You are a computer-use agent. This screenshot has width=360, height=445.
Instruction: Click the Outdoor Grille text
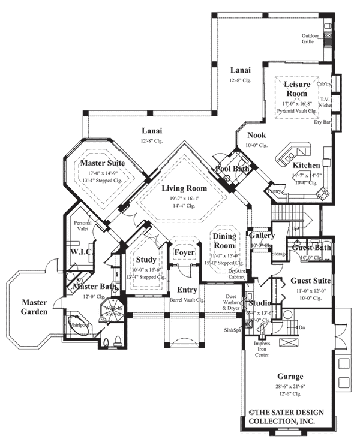pos(311,38)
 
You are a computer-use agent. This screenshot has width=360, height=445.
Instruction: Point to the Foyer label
pos(184,252)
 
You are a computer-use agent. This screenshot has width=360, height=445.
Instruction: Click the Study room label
pos(146,260)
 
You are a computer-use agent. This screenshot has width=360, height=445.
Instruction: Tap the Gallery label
pos(262,236)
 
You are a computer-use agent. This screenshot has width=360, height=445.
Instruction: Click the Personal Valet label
pos(83,225)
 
